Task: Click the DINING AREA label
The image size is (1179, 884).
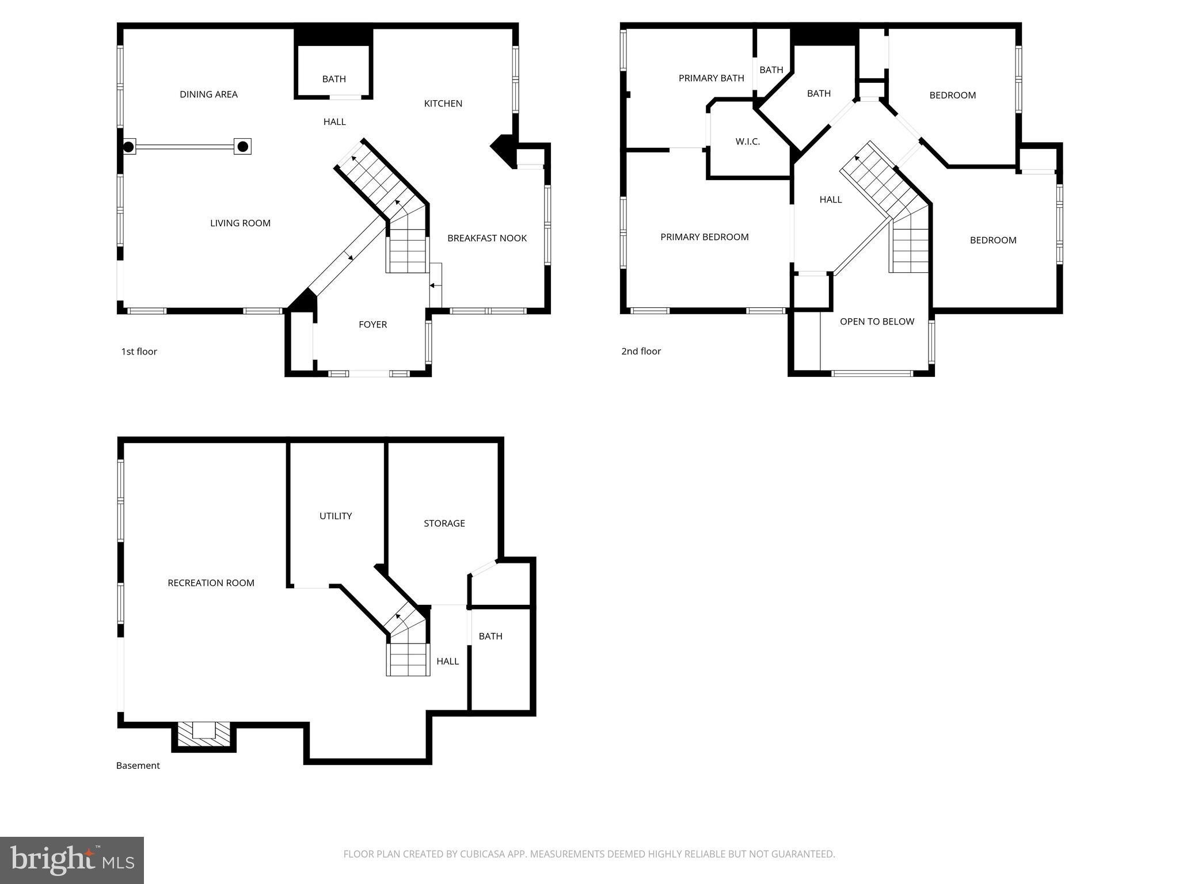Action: point(208,94)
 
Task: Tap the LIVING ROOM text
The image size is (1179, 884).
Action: point(240,223)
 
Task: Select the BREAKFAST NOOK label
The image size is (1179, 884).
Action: point(486,238)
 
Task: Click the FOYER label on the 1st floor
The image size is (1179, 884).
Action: point(372,325)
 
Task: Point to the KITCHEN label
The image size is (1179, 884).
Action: point(443,104)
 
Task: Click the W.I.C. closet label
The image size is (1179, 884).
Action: point(747,142)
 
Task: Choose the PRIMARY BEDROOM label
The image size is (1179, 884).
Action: point(704,237)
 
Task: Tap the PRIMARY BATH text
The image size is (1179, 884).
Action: point(711,78)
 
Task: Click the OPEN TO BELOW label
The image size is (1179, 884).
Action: point(876,322)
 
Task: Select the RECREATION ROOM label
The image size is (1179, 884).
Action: point(211,583)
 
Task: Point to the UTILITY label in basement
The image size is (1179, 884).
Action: point(336,516)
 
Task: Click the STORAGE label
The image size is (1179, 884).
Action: point(444,524)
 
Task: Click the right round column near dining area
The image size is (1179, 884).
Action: point(243,147)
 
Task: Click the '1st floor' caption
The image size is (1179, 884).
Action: point(139,352)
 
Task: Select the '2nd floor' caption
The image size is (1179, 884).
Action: point(641,352)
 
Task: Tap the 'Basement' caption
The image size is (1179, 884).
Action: point(138,765)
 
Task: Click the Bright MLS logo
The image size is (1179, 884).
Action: point(71,860)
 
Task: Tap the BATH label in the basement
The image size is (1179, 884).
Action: point(490,637)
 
